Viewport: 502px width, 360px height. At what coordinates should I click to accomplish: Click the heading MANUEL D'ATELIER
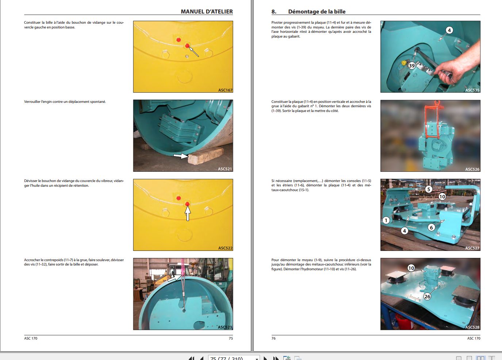(207, 11)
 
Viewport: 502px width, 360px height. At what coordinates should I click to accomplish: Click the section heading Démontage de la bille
(317, 11)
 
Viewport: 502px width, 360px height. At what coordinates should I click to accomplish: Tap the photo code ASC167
(225, 90)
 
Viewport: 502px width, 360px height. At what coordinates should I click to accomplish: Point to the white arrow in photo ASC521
(181, 156)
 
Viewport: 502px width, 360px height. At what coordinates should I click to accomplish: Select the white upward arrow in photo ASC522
(188, 213)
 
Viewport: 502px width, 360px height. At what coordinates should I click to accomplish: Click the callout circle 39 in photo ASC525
(412, 66)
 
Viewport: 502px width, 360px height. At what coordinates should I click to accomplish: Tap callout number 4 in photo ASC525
(449, 30)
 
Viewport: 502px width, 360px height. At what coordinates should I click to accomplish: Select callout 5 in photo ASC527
(429, 189)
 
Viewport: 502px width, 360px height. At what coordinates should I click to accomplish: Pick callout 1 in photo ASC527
(386, 221)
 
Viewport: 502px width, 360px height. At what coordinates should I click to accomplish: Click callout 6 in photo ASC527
(431, 228)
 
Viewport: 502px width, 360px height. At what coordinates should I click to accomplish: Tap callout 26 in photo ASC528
(428, 297)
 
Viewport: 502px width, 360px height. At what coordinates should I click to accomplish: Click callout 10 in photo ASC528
(411, 268)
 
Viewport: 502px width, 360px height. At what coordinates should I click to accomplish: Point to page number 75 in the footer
(231, 338)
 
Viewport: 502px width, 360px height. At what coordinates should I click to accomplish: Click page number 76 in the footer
(273, 338)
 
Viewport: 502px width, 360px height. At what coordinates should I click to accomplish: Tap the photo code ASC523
(225, 327)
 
